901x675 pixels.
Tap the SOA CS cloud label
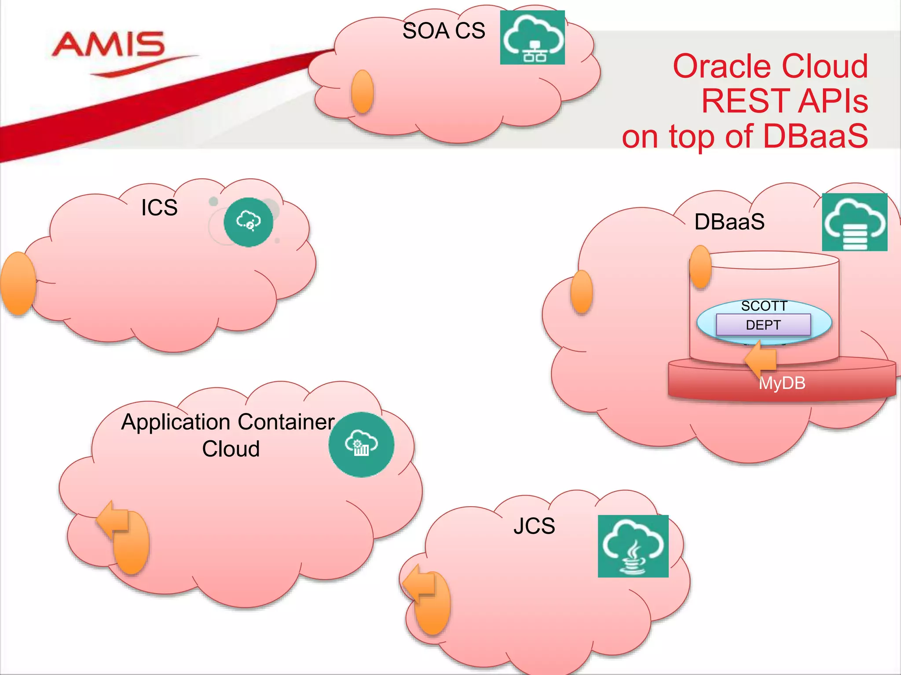coord(443,31)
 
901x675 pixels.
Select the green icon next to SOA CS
coord(532,38)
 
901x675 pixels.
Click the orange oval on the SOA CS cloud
coord(363,91)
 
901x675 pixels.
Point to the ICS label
coord(159,207)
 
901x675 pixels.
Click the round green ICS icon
coord(249,222)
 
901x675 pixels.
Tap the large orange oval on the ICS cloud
coord(18,283)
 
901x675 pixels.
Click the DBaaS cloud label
coord(729,222)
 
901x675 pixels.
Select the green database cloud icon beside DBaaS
coord(854,222)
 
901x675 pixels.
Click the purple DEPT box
coord(763,325)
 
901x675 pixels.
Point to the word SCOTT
coord(764,306)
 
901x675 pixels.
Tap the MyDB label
coord(782,383)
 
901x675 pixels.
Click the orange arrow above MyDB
coord(761,359)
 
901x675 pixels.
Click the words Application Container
coord(228,422)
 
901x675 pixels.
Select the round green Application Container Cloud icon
coord(361,444)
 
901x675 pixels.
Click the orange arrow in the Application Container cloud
coord(114,519)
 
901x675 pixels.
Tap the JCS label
coord(534,526)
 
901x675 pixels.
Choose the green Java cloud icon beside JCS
coord(633,546)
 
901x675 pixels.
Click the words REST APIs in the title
coord(784,101)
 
